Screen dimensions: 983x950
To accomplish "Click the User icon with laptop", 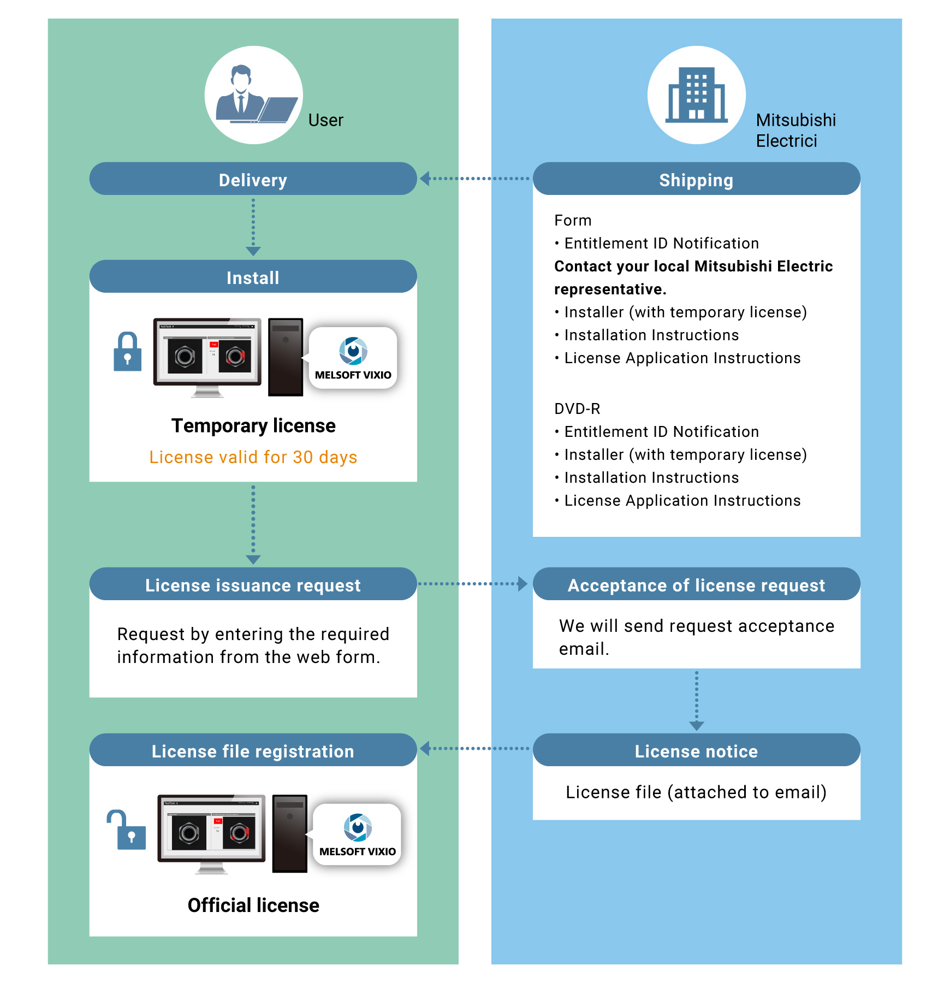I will click(254, 96).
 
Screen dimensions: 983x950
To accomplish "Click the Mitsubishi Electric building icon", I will click(696, 96).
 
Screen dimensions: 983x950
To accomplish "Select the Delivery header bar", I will click(253, 179).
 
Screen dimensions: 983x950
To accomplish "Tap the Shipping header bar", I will click(696, 179).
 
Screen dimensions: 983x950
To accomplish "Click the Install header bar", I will click(253, 277).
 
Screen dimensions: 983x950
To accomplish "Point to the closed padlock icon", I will click(127, 352).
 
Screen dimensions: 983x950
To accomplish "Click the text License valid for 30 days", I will click(253, 457).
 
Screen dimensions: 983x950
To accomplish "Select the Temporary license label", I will click(253, 425).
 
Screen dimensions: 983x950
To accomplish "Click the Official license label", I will click(253, 905).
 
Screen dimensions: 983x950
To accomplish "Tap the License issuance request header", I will click(253, 584).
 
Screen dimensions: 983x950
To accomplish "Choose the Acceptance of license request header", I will click(696, 584).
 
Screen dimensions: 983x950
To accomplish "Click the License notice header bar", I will click(696, 750).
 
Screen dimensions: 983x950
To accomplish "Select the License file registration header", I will click(253, 750).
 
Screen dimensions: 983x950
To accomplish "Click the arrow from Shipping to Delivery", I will click(475, 179).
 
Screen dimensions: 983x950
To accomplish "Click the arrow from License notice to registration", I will click(475, 748).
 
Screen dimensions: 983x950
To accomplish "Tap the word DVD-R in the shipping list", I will click(577, 408).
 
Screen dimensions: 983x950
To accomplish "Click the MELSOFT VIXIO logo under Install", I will click(353, 358).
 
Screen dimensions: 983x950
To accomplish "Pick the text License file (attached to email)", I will click(696, 792).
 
